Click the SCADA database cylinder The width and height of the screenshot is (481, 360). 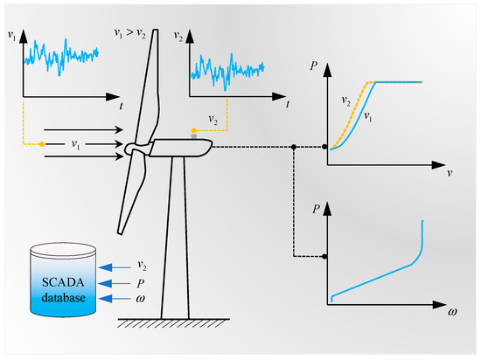point(65,280)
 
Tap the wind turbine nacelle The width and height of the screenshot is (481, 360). point(180,149)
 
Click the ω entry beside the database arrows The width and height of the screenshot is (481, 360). point(141,300)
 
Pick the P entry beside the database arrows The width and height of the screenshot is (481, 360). point(141,282)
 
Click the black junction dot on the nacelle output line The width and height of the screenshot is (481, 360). point(295,147)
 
